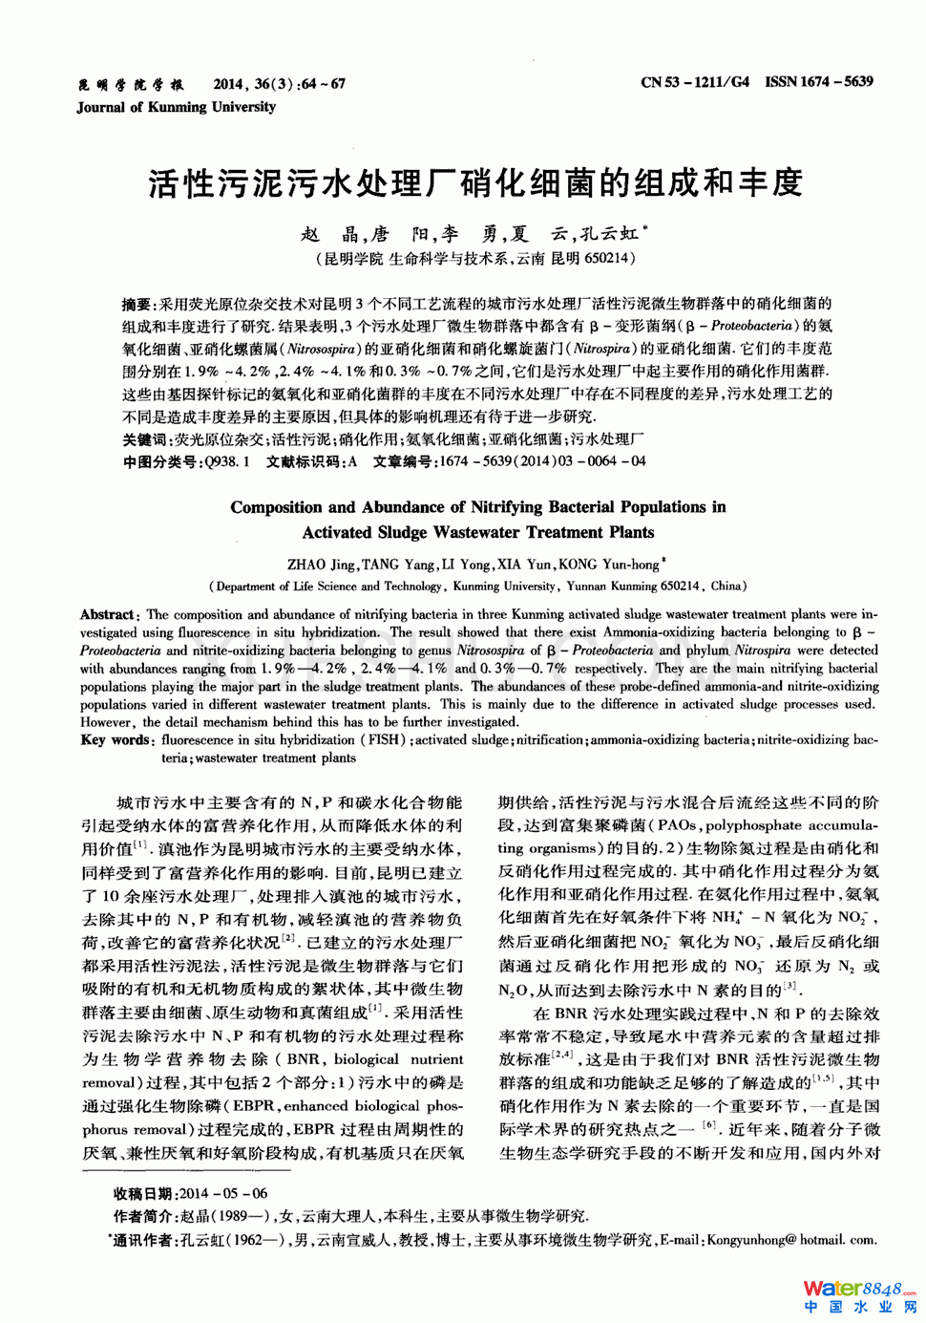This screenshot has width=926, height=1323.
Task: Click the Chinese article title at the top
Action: coord(475,182)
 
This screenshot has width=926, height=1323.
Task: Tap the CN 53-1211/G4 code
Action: coord(695,82)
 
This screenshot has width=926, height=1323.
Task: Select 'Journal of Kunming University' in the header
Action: coord(177,107)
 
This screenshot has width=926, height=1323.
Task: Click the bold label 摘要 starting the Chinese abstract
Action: coord(137,304)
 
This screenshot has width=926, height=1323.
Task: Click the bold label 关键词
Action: coord(144,439)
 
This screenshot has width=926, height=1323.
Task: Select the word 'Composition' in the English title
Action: coord(276,507)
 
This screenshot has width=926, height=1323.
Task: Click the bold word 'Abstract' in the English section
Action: coord(108,614)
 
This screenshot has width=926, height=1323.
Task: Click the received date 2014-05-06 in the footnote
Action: coord(222,1193)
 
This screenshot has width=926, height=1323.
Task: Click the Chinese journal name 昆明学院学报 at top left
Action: coord(131,84)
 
